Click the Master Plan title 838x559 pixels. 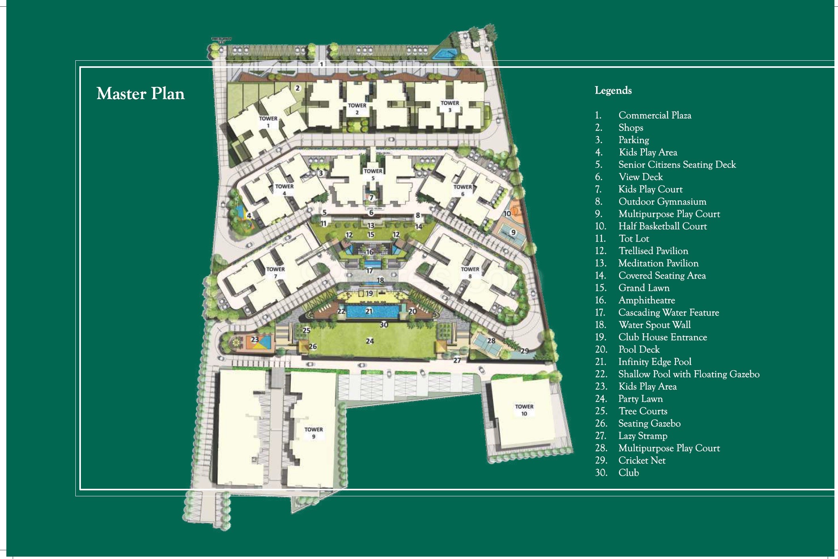point(140,94)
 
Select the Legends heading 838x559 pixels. point(613,91)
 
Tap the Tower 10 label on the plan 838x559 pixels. point(524,410)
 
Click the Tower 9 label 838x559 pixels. point(313,433)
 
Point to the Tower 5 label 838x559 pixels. point(373,175)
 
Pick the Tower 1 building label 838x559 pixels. point(268,122)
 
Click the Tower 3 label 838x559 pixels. point(450,106)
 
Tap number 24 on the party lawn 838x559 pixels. point(370,341)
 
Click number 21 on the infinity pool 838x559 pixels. point(369,311)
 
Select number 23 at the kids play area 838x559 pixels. point(255,340)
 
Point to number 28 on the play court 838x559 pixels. point(491,341)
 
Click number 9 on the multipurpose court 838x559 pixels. point(513,232)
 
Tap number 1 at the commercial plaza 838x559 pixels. point(322,64)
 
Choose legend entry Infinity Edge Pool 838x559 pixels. point(654,362)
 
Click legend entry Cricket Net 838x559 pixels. point(641,461)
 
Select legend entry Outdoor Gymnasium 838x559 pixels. point(662,202)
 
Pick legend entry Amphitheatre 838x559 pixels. point(646,300)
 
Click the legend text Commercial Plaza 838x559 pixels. point(654,115)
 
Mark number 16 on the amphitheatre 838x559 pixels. point(370,252)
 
